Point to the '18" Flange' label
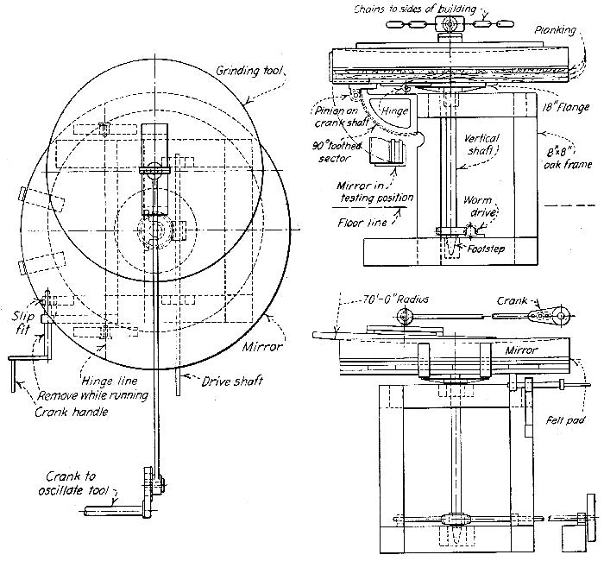565,107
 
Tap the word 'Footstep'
486,249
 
